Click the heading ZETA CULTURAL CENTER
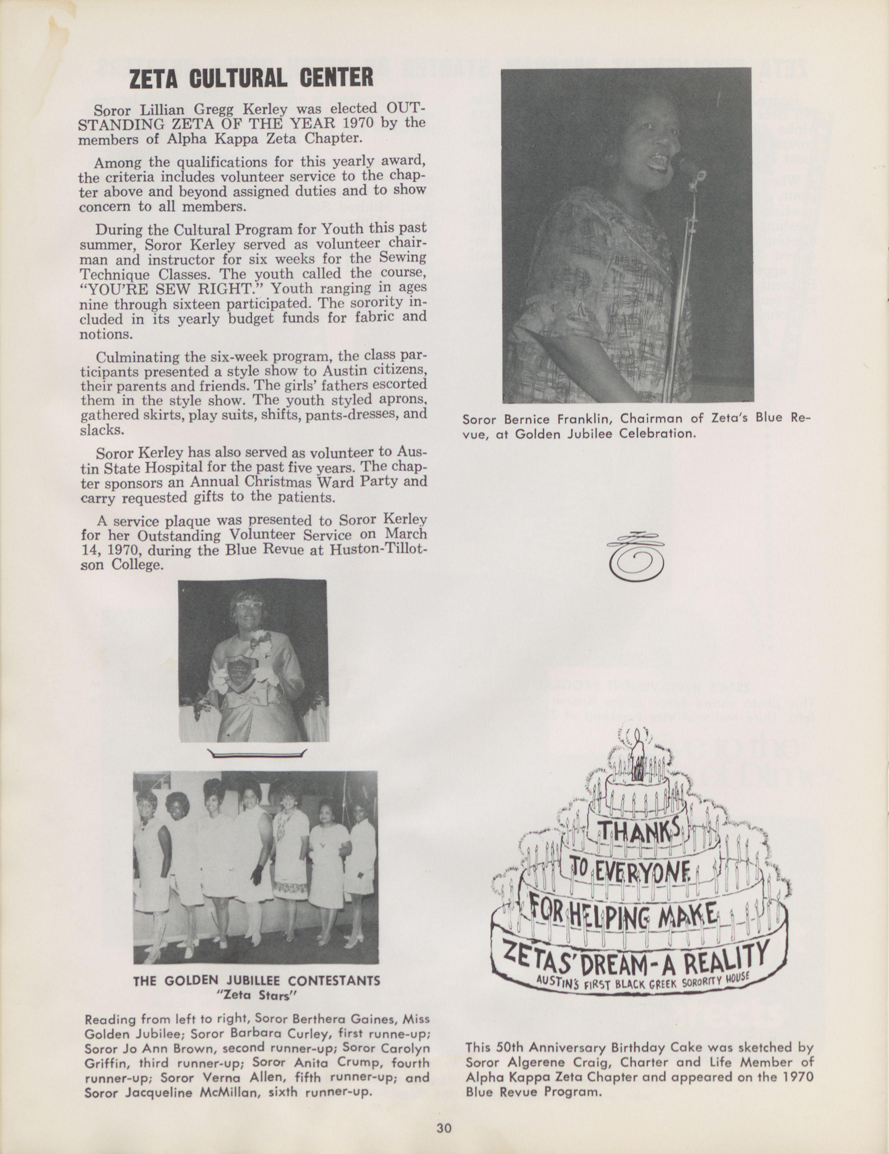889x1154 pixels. [251, 78]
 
